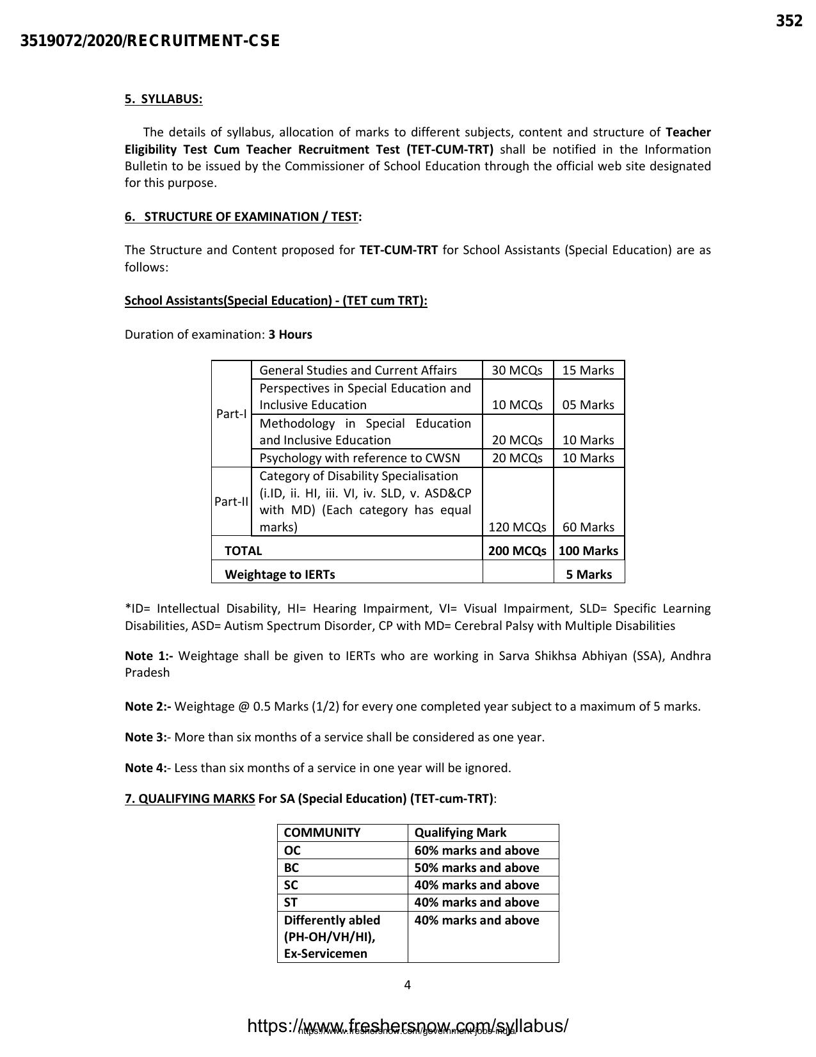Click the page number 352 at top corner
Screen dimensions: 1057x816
click(788, 21)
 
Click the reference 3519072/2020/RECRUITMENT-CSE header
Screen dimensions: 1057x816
click(150, 41)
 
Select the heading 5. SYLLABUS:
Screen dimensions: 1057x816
click(163, 99)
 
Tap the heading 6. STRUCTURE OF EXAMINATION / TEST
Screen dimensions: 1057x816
click(243, 216)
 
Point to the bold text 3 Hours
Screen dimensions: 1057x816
click(290, 334)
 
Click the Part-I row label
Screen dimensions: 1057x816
click(231, 414)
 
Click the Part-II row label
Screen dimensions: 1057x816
click(231, 501)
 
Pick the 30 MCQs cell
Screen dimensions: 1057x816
click(517, 370)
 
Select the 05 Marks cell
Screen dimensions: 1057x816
click(588, 405)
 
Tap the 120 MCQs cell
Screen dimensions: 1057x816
click(517, 527)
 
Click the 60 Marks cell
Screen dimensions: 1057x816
click(588, 527)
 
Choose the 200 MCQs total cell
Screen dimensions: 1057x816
click(517, 551)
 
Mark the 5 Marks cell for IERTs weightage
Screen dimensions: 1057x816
click(588, 574)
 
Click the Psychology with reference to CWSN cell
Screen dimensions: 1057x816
click(360, 458)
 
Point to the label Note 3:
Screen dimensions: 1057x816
click(146, 737)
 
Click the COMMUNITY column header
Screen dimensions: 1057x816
click(322, 832)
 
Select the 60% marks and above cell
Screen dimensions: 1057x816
click(477, 850)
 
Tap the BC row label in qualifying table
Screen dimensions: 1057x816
click(291, 867)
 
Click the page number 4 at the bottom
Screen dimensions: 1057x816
click(408, 985)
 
